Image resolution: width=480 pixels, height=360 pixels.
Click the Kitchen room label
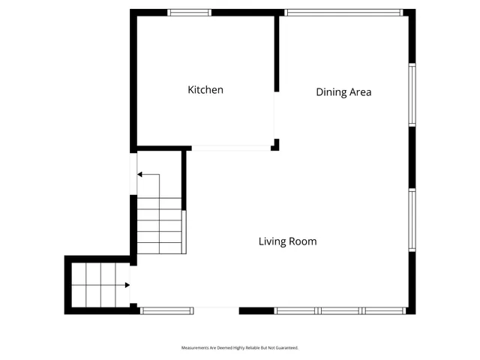(x=205, y=90)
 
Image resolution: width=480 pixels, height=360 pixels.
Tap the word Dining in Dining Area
(x=331, y=92)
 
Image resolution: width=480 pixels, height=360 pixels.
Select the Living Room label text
(x=287, y=241)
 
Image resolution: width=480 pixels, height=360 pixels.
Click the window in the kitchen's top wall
(x=189, y=13)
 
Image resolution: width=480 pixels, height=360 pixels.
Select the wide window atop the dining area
(x=344, y=13)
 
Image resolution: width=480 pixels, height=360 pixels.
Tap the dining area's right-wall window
(x=412, y=94)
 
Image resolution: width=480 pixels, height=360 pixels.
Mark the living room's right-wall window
(x=412, y=219)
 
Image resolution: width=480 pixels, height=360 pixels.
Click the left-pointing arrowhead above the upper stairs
(x=140, y=175)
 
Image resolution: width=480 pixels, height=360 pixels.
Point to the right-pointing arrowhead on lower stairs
(x=127, y=285)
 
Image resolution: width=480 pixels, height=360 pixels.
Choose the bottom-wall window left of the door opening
(x=167, y=310)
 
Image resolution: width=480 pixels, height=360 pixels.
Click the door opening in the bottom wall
(x=216, y=310)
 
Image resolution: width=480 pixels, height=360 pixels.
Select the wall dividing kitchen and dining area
(x=276, y=52)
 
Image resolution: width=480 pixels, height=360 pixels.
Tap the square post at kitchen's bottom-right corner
(x=275, y=144)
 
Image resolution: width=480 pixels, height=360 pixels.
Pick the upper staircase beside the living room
(x=160, y=225)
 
